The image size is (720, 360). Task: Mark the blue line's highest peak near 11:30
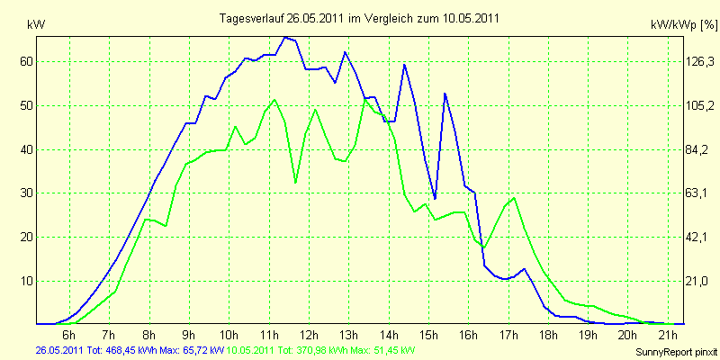click(285, 37)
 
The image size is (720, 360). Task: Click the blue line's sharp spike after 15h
click(445, 94)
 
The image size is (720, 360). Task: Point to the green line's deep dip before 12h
click(295, 182)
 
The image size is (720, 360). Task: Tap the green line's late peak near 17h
click(514, 198)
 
